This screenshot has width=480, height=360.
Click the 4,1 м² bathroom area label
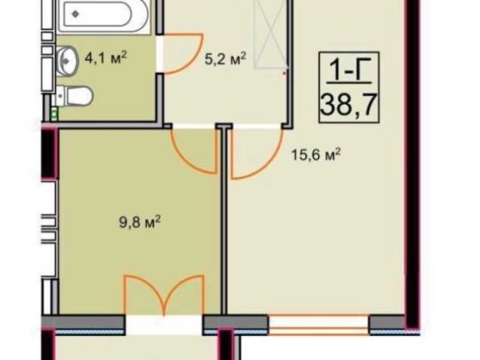[x=105, y=57]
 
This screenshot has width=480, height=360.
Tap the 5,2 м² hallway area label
[x=225, y=58]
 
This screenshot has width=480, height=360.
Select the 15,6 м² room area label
[x=316, y=154]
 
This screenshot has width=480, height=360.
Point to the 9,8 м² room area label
[x=140, y=221]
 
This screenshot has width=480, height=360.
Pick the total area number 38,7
[x=348, y=104]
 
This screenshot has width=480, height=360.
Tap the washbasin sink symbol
[x=68, y=60]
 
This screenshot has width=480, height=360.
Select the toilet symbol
[x=75, y=96]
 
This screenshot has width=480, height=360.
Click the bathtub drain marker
[x=76, y=14]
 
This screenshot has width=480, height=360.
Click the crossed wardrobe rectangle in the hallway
[x=271, y=33]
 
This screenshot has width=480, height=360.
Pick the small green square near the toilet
[x=55, y=114]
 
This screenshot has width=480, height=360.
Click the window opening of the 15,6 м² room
[x=319, y=325]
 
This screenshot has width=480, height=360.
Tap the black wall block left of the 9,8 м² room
[x=49, y=153]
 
